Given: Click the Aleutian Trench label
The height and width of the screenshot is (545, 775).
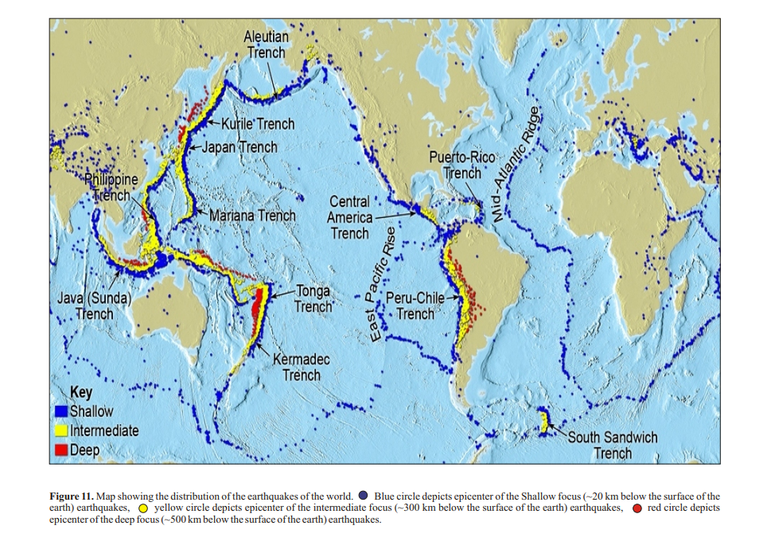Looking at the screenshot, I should point(267,45).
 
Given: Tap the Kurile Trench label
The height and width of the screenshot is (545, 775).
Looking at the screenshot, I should point(257,124).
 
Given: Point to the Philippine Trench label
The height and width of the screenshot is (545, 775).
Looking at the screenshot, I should point(111,187).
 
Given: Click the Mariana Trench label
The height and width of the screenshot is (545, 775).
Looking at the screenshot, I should point(252,216).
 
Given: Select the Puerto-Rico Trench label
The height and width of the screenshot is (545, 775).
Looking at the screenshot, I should point(462,165).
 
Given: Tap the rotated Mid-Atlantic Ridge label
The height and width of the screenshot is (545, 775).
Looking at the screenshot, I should point(516,164).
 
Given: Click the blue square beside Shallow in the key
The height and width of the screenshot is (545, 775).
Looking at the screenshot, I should point(60,412).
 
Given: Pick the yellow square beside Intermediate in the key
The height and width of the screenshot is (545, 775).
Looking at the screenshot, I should point(60,431).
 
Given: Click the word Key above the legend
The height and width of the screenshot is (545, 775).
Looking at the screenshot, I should point(81,392).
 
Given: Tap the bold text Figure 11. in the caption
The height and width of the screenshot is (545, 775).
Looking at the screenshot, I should point(72,496).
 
